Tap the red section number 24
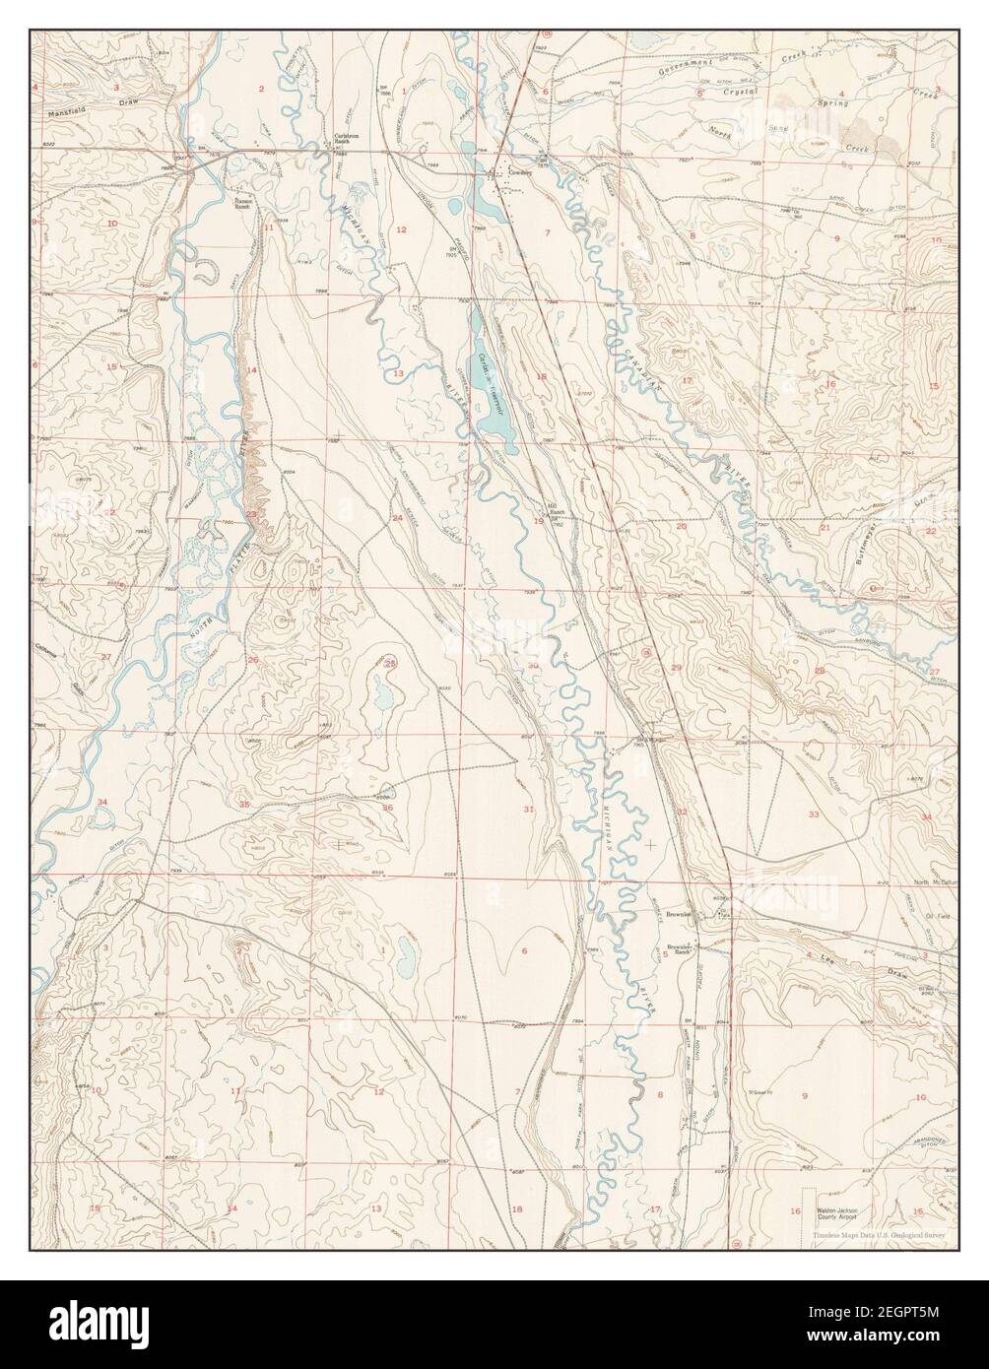(x=398, y=518)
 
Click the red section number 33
(x=813, y=814)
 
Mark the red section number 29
(x=676, y=669)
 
